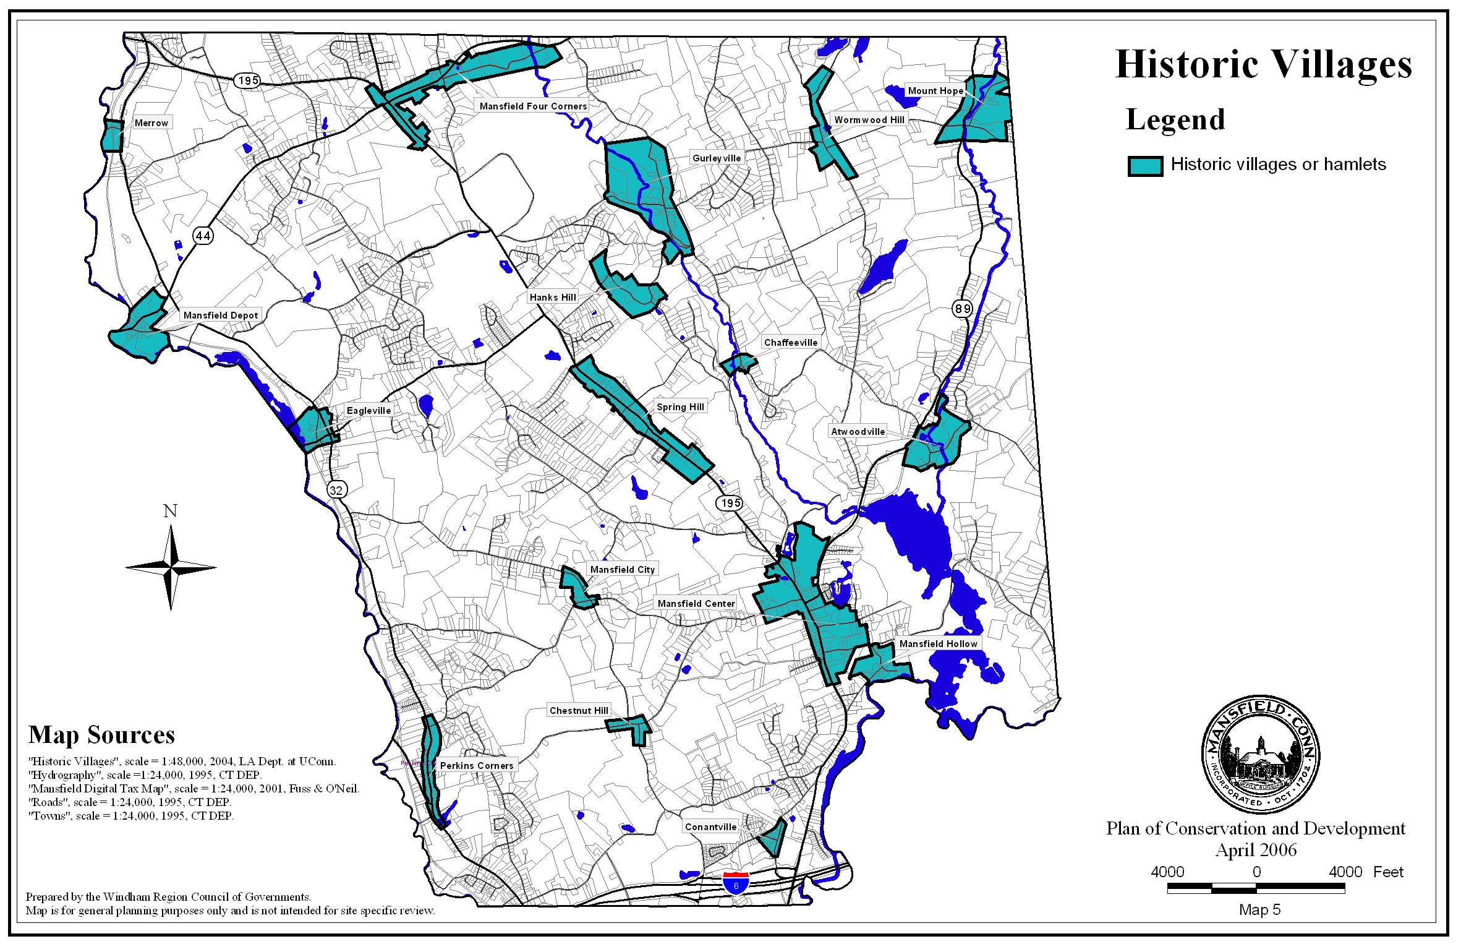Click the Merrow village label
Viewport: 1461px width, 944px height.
(x=151, y=123)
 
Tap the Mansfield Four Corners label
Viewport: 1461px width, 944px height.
(x=532, y=106)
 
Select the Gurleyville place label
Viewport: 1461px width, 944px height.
(x=716, y=158)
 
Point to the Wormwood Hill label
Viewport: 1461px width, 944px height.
(x=869, y=120)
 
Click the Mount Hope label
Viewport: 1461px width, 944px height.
(x=935, y=91)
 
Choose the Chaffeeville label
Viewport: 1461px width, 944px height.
(x=790, y=343)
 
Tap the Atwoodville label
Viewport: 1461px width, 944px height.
(x=858, y=432)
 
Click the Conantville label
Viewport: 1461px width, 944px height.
(x=710, y=827)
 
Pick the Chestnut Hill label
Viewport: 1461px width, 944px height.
(x=579, y=711)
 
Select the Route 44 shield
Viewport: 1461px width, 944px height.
(x=203, y=236)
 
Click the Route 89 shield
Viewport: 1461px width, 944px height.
(x=962, y=308)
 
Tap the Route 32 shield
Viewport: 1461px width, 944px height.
(x=336, y=491)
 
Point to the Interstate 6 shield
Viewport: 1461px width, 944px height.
(x=736, y=882)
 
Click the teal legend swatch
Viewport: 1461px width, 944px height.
(x=1145, y=166)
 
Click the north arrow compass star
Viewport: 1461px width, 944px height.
(x=171, y=567)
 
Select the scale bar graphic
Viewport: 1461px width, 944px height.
(x=1256, y=888)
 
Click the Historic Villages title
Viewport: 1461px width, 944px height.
(x=1263, y=64)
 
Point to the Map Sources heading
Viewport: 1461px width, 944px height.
(x=101, y=735)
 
